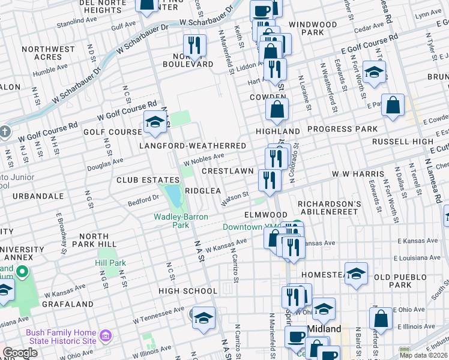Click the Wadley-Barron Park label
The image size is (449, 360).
[x=172, y=221]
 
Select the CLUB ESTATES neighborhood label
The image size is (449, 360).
[x=148, y=180]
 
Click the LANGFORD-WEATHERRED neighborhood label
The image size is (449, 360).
[x=192, y=146]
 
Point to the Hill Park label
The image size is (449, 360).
[x=110, y=263]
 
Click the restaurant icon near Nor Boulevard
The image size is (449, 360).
[x=194, y=44]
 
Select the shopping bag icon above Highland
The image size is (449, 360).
[x=277, y=109]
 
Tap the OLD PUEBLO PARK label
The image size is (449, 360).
[x=400, y=281]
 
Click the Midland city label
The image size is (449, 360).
[x=324, y=329]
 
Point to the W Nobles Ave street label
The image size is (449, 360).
[x=203, y=159]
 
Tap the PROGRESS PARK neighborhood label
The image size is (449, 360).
[x=342, y=129]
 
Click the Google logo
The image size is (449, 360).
[x=20, y=353]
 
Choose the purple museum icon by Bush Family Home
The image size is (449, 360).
[x=106, y=334]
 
